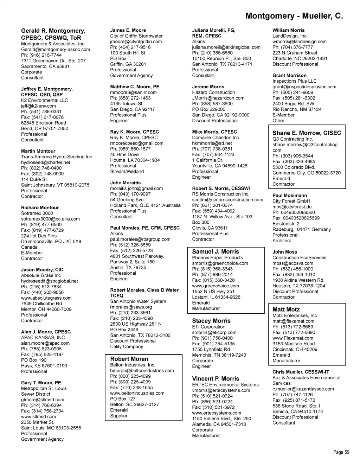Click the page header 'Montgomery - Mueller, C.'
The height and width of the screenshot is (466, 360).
(x=294, y=16)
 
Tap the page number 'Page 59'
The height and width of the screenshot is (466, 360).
(x=341, y=452)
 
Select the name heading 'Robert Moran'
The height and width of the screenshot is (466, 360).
(x=129, y=359)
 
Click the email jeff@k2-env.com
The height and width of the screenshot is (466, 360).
(x=38, y=106)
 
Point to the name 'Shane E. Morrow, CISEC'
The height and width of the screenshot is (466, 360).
(x=307, y=133)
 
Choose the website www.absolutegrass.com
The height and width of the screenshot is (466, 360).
(x=46, y=298)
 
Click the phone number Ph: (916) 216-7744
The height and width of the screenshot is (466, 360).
(x=41, y=55)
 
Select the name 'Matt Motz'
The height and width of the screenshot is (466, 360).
(x=286, y=309)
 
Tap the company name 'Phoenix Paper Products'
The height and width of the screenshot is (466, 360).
(x=217, y=257)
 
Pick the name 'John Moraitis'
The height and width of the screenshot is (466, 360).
(x=125, y=183)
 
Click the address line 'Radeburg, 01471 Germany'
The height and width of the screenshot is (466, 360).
(x=301, y=229)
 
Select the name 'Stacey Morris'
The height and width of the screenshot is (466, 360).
(x=211, y=321)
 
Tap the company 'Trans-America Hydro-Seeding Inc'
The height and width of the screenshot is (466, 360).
(x=56, y=157)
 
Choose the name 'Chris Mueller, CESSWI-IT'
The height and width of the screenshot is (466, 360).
(x=301, y=372)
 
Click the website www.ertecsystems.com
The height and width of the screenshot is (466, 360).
(x=217, y=413)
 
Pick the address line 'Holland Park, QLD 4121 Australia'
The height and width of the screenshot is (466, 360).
(x=145, y=205)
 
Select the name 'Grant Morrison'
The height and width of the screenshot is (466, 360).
(x=289, y=75)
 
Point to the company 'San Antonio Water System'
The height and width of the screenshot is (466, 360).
(x=138, y=301)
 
